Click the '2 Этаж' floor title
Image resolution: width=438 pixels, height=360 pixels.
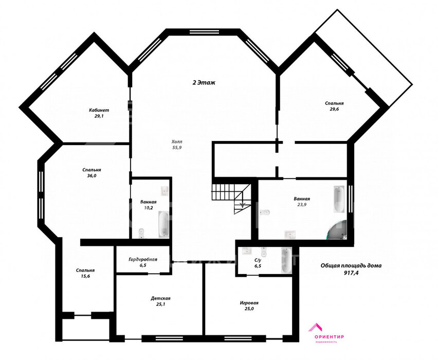(x=204, y=82)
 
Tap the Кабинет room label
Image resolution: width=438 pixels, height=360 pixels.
(x=99, y=110)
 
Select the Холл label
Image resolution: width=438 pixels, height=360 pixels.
(x=177, y=142)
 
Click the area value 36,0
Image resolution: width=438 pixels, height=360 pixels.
(x=92, y=176)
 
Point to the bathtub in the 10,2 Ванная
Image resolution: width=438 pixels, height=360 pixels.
(x=164, y=224)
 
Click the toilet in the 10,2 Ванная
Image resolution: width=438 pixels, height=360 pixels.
(x=141, y=233)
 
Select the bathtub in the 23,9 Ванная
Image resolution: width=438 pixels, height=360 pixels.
(x=339, y=200)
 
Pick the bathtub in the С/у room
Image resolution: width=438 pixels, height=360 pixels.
(x=286, y=261)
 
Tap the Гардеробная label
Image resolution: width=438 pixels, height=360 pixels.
(x=143, y=259)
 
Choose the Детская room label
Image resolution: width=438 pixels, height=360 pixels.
(x=160, y=298)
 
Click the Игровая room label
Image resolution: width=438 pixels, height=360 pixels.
(x=249, y=303)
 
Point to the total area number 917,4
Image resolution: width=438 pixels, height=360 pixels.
(x=351, y=272)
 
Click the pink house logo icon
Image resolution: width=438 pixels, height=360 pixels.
(x=315, y=327)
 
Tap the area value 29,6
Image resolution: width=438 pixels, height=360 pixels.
(x=334, y=109)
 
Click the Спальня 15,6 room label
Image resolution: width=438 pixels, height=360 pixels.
(x=85, y=271)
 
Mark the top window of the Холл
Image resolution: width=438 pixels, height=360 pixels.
(x=204, y=31)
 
